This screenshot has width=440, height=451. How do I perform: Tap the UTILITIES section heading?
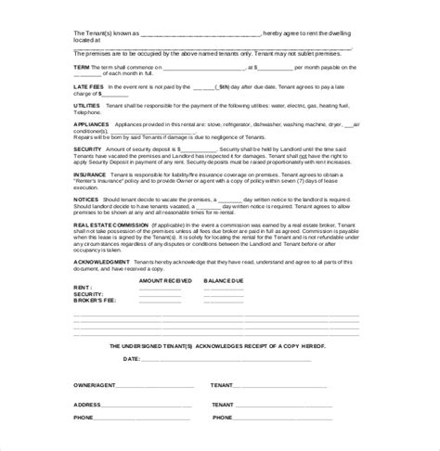point(87,133)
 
